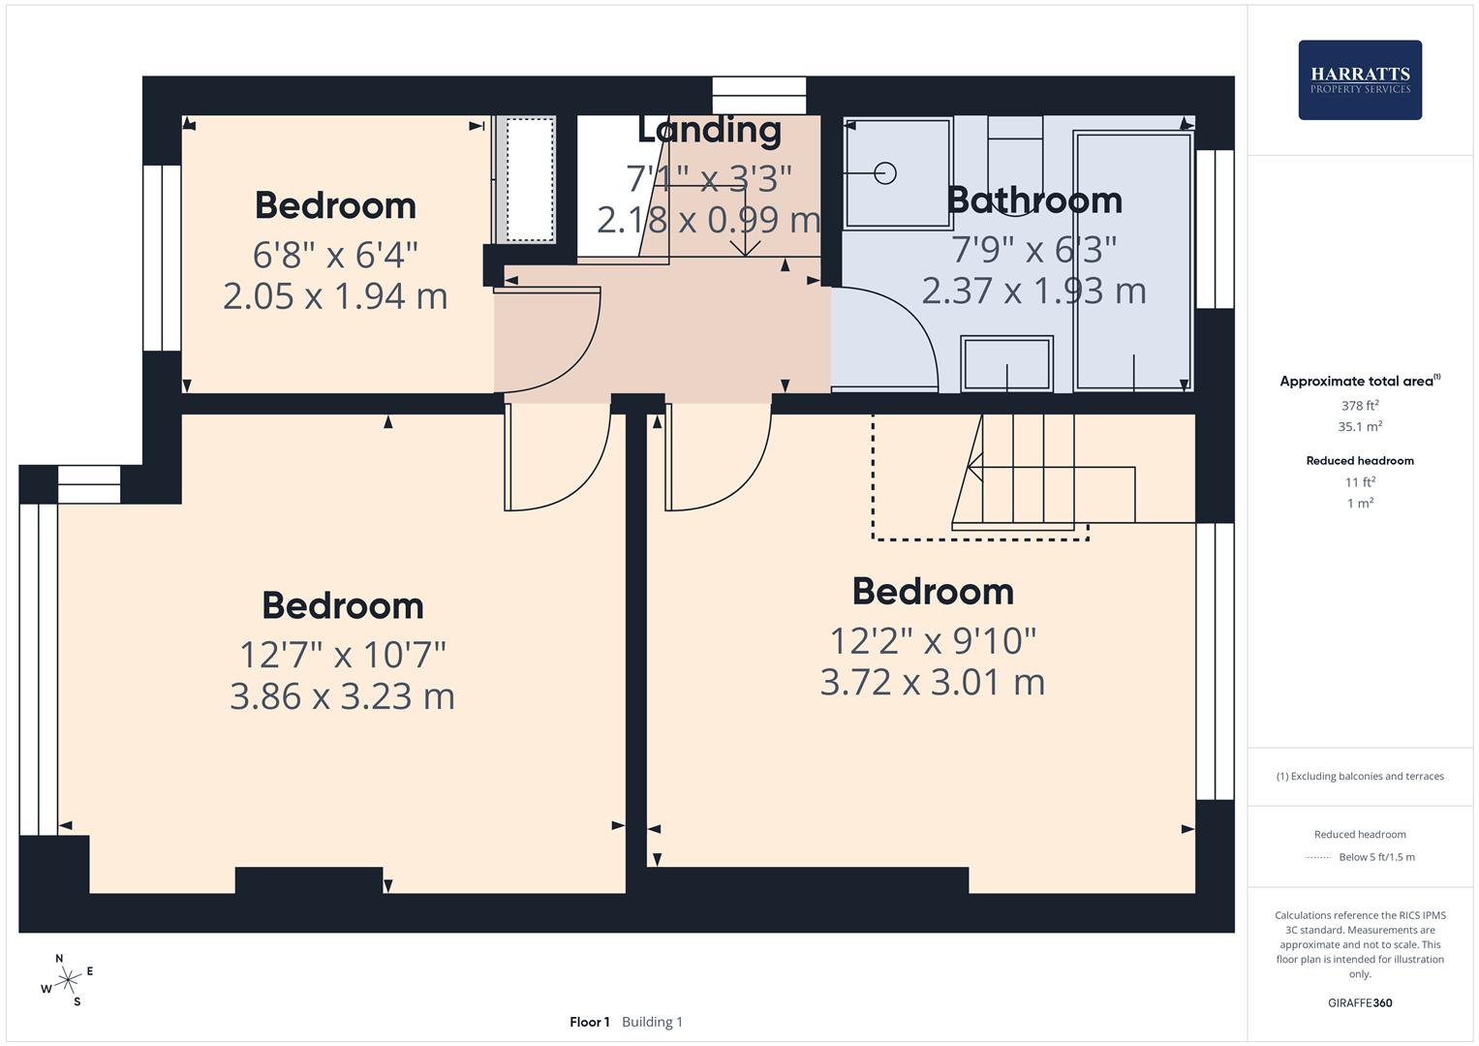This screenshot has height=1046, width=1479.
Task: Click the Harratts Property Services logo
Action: click(1359, 79)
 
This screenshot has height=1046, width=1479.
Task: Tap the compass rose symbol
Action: click(67, 980)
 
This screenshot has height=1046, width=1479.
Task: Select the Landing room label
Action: click(709, 130)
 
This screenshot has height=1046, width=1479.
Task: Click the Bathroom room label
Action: click(1033, 200)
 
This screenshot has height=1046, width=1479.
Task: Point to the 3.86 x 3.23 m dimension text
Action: click(342, 696)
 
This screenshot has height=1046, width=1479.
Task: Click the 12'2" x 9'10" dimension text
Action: click(932, 640)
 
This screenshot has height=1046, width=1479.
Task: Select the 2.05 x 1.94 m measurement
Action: click(335, 295)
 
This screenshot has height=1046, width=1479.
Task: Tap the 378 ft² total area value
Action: click(1359, 406)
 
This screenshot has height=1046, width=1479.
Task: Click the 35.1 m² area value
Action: click(1359, 426)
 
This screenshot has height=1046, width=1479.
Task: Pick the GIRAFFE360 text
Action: click(1359, 1002)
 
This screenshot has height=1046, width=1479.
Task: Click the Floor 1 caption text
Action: click(589, 1022)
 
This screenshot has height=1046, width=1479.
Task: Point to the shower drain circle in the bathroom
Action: click(884, 173)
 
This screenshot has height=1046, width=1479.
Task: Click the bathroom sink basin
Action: click(1006, 363)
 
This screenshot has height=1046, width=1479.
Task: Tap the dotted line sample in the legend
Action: click(1318, 857)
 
